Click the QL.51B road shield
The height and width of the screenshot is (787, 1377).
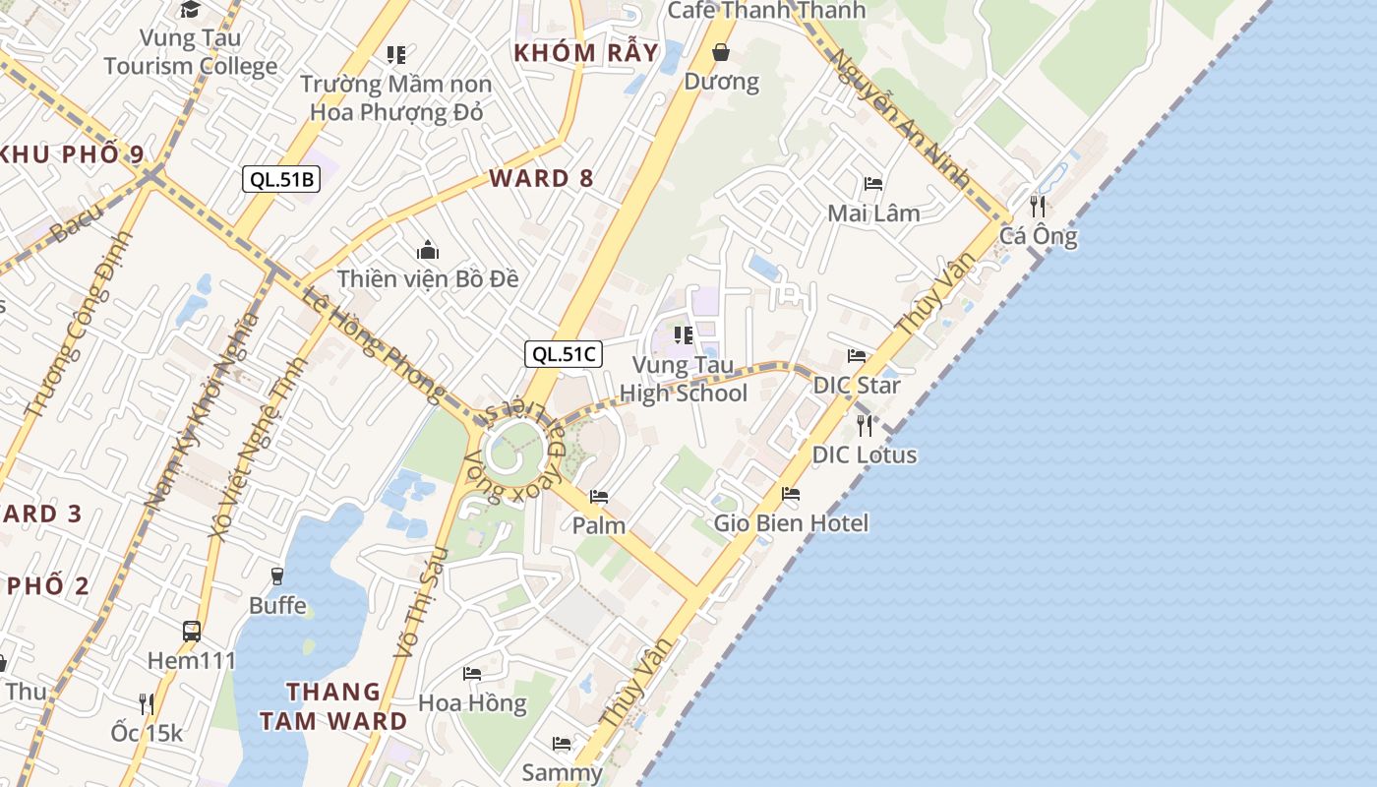281,179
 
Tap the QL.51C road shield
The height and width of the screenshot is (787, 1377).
564,354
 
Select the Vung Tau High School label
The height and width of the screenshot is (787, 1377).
684,379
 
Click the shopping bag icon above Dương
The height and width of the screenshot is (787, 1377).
721,52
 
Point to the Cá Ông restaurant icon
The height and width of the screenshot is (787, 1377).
1038,206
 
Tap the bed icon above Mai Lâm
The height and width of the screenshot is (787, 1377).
872,184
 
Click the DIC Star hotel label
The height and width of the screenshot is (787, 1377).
856,385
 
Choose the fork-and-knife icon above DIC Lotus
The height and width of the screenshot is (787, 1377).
865,425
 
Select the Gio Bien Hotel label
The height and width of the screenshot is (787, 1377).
791,522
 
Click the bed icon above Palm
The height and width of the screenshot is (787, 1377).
598,496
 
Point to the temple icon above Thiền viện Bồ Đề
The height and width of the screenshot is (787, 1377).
427,250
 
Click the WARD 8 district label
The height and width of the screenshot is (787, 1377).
541,178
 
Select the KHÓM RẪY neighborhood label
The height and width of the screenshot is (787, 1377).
586,53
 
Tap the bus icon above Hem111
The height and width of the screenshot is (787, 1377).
192,631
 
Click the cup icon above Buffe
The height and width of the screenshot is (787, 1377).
277,575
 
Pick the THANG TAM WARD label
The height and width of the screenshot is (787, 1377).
333,705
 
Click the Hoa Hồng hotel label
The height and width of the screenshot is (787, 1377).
472,702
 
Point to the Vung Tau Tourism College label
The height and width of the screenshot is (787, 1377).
190,52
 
